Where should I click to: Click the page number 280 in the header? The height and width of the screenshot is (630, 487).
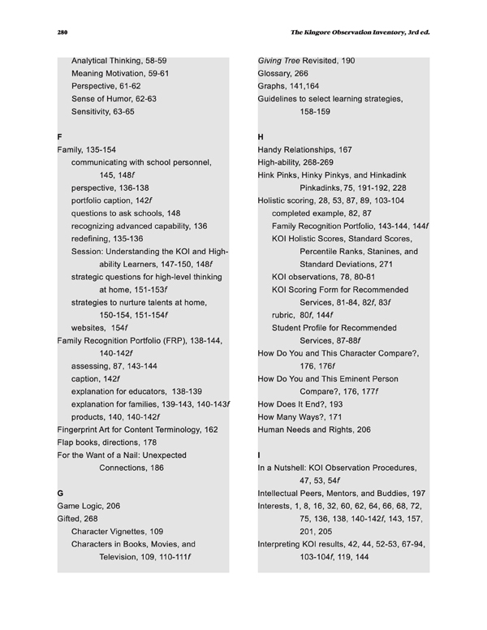(62, 32)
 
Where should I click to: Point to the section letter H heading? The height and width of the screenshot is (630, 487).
(261, 136)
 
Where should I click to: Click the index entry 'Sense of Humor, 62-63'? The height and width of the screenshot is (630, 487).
(114, 98)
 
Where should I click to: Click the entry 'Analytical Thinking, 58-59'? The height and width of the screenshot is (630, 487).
(119, 60)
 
